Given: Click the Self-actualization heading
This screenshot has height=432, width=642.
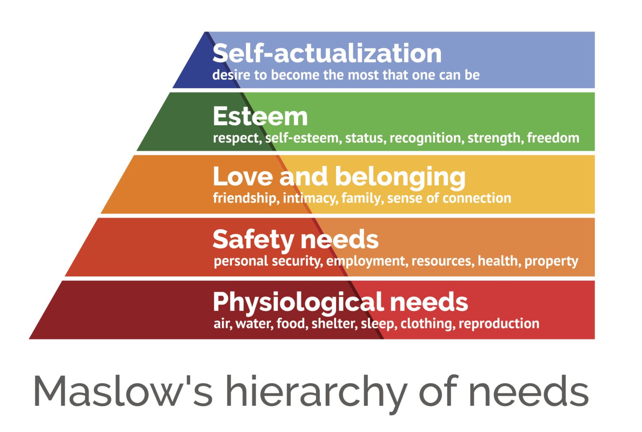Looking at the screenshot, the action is click(x=327, y=54).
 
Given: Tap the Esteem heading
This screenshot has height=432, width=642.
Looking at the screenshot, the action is click(x=260, y=116).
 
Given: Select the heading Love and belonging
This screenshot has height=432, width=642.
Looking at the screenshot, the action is click(x=339, y=176).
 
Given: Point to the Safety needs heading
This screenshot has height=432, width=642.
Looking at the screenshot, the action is click(x=296, y=239).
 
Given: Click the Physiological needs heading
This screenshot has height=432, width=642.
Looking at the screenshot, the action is click(x=340, y=302).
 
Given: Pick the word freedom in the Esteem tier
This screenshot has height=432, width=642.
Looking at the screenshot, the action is click(x=553, y=138).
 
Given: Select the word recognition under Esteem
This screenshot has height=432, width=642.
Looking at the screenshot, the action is click(x=425, y=138).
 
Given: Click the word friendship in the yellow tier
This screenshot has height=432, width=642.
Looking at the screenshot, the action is click(x=244, y=198).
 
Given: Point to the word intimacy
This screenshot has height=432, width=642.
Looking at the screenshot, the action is click(x=310, y=199).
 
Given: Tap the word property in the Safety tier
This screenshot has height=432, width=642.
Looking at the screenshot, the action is click(x=551, y=261).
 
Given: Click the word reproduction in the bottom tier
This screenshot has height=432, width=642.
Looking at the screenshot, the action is click(x=499, y=324).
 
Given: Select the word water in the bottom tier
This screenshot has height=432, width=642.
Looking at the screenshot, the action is click(x=254, y=324).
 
